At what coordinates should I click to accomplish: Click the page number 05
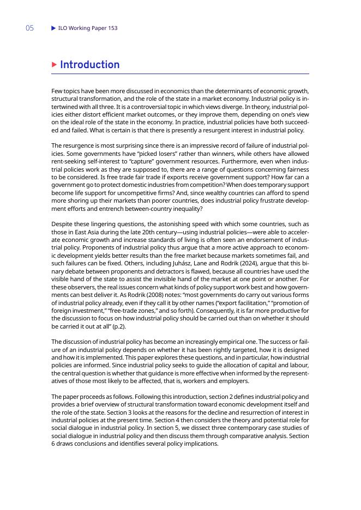[x=29, y=28]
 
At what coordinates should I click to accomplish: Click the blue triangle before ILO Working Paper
[x=53, y=28]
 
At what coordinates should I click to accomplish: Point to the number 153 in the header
[x=112, y=28]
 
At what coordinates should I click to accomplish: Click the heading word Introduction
[x=89, y=65]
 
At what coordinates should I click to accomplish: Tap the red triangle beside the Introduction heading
[x=54, y=65]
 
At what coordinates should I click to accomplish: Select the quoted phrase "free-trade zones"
[x=124, y=308]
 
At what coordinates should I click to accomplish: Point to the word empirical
[x=222, y=341]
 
